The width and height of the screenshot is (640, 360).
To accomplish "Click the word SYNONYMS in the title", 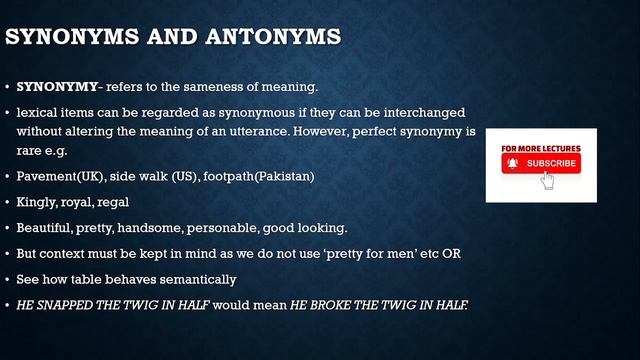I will point(71,39).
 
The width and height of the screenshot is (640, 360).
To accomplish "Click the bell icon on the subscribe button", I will point(512,163).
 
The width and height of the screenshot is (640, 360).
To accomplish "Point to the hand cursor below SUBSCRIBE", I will point(547,180).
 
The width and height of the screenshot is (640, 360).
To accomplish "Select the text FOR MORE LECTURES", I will point(541,148).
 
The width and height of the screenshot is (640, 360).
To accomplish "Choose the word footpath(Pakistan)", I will point(258,176).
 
